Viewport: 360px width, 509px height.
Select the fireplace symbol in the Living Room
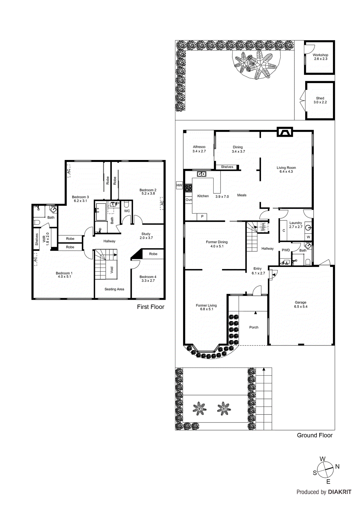(284, 132)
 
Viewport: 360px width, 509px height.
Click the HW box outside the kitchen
(179, 185)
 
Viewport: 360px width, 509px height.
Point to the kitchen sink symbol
(201, 174)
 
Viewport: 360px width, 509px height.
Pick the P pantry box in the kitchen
(202, 217)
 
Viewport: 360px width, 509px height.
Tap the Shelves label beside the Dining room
(227, 167)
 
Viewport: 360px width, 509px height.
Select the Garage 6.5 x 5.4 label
(300, 304)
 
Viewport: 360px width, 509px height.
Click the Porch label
(254, 327)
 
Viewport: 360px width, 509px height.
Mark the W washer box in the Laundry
(308, 237)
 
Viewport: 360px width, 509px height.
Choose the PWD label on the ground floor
(286, 250)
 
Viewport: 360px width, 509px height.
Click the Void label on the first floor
(112, 270)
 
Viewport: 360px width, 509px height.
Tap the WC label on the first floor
(127, 211)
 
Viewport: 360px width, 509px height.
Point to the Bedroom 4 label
(148, 279)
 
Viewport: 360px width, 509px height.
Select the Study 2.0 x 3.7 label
(146, 236)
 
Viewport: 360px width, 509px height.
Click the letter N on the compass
(337, 467)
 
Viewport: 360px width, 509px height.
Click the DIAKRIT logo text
(340, 492)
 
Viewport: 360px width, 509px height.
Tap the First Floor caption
(151, 307)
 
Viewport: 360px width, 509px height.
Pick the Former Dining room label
(216, 244)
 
